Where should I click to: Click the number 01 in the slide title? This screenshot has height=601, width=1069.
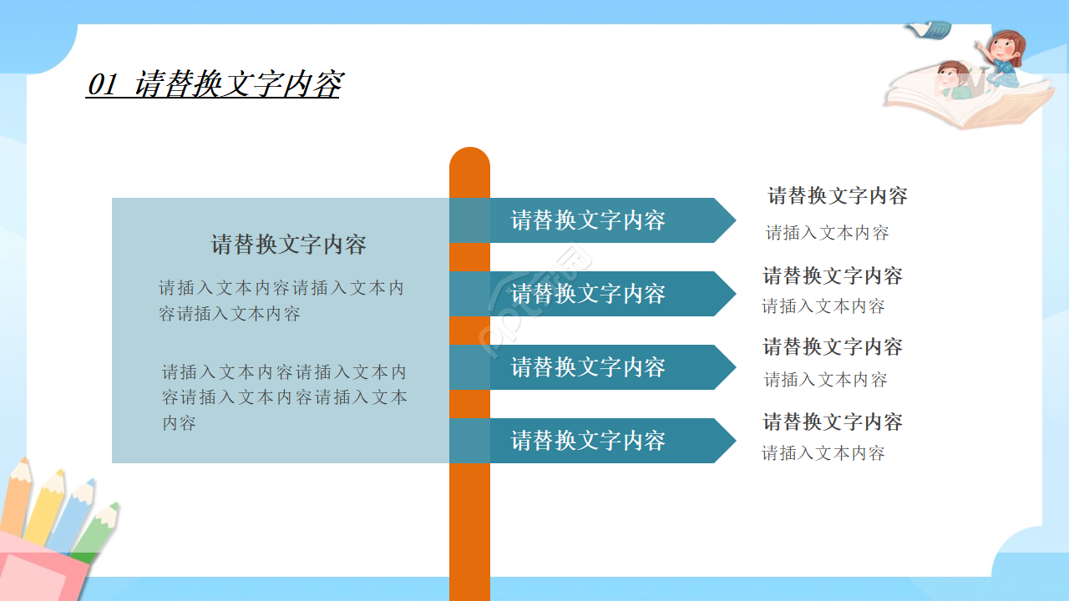(x=102, y=85)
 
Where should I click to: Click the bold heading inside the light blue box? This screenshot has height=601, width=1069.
(x=288, y=245)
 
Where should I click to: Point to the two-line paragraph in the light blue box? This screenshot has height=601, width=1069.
(x=281, y=300)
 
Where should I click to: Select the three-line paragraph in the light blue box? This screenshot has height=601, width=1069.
(x=284, y=397)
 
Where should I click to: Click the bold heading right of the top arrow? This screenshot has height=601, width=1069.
(x=838, y=196)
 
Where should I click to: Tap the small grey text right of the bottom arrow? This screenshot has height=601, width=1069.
(x=823, y=453)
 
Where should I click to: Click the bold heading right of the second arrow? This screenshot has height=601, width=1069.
(x=833, y=275)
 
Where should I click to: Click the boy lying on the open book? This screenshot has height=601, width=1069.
(x=952, y=81)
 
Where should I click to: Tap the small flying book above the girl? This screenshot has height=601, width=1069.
(x=929, y=30)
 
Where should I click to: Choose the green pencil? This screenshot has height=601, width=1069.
(x=99, y=530)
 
